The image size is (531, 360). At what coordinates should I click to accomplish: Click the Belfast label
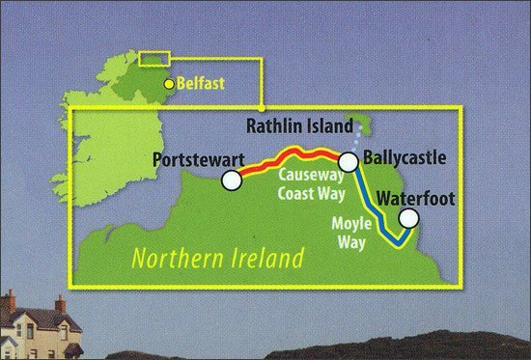click(x=200, y=85)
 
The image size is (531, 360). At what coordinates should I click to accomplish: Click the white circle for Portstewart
click(x=230, y=180)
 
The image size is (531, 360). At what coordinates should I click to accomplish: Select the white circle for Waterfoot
click(x=408, y=220)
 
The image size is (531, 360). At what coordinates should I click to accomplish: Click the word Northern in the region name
click(x=173, y=258)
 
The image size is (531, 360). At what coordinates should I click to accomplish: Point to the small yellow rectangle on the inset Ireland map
click(x=154, y=59)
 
